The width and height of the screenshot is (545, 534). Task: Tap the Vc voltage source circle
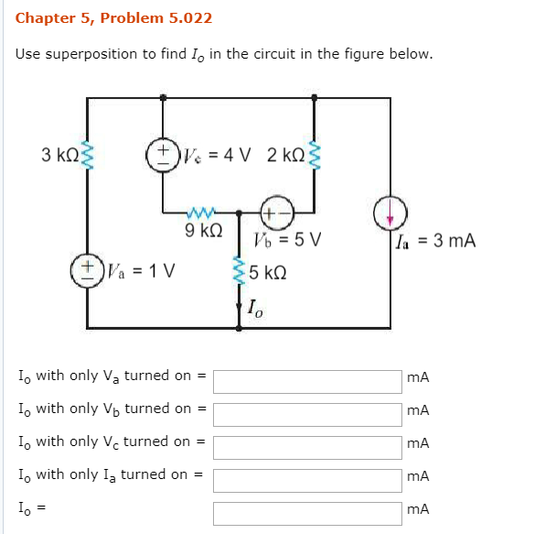pos(163,153)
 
